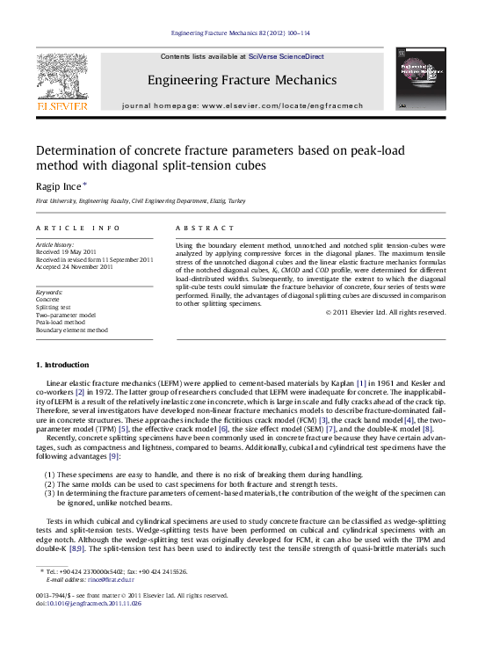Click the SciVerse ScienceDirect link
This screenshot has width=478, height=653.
[286, 56]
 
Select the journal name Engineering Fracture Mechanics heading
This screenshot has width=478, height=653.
[242, 80]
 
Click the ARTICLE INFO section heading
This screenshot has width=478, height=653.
[77, 228]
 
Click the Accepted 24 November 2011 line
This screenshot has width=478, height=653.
[75, 266]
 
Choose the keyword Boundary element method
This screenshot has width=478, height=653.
[71, 330]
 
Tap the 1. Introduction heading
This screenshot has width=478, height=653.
[62, 389]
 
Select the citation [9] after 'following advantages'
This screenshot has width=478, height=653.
[114, 456]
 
